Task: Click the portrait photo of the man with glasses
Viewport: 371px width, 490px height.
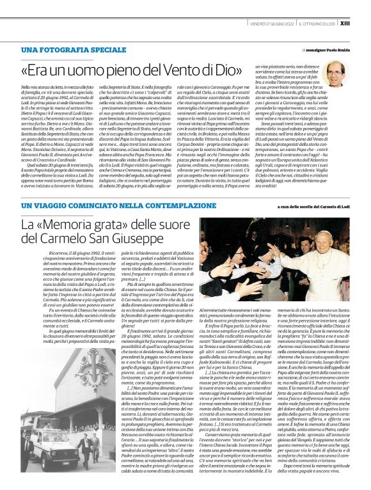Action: tap(335, 74)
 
